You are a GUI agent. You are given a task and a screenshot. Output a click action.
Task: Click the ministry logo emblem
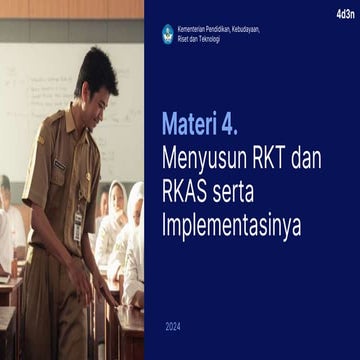pos(168,33)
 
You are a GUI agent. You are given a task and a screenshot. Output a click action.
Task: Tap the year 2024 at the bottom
pos(174,326)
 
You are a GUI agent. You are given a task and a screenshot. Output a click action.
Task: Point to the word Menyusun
pos(207,158)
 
